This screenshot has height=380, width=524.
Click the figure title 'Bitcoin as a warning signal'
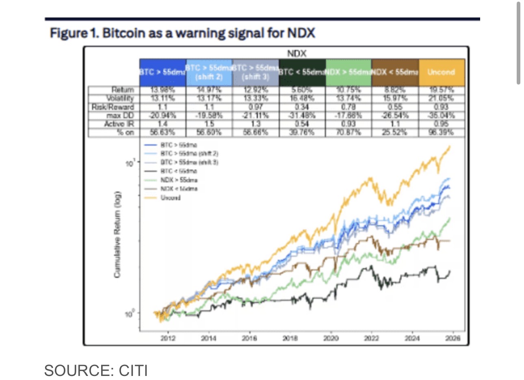tap(182, 33)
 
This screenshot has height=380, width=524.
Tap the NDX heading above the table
tap(296, 54)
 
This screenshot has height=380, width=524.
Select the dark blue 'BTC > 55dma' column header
tap(162, 73)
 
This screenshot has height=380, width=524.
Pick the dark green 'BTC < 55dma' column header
tap(302, 73)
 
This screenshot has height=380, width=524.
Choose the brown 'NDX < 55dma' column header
tap(395, 73)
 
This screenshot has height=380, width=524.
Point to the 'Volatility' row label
tap(120, 98)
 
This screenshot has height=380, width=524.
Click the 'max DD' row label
tap(123, 115)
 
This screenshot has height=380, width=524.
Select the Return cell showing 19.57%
tap(441, 90)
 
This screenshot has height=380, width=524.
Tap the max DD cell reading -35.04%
tap(441, 115)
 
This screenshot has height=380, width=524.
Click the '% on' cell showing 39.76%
tap(302, 132)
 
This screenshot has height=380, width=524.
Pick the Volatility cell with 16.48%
tap(302, 98)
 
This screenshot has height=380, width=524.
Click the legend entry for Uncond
tap(170, 198)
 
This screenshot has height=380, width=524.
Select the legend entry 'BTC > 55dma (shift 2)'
tap(189, 154)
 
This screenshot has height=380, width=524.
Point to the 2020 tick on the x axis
tap(331, 338)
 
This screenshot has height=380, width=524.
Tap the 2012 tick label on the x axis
tap(168, 338)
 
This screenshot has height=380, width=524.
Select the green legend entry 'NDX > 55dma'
tap(179, 180)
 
